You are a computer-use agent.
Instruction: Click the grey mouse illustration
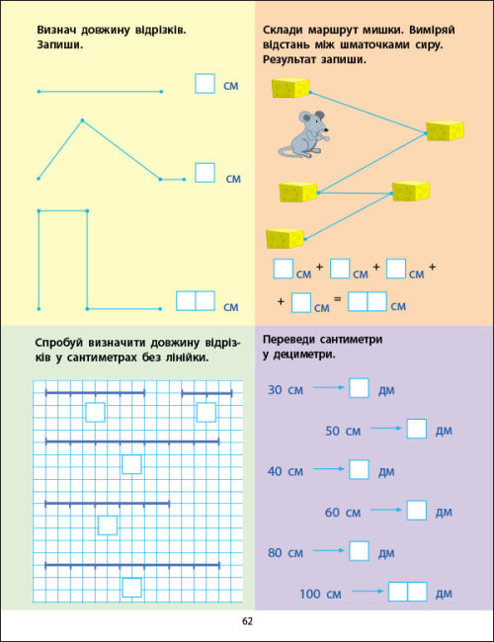point(304,134)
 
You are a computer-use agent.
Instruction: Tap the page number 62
point(247,621)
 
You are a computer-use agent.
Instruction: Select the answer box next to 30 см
point(360,388)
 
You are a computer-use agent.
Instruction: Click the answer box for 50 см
point(417,429)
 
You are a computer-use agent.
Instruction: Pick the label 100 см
point(320,594)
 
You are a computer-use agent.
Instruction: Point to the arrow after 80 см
point(329,551)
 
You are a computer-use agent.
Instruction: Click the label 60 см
point(343,513)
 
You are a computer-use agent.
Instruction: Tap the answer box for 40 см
point(360,469)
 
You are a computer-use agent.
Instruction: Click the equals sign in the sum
point(337,299)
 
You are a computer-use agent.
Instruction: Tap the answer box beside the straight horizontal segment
point(205,84)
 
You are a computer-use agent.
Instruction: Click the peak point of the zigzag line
point(82,120)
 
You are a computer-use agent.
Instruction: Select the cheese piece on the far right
point(445,130)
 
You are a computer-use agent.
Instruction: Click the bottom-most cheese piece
point(285,239)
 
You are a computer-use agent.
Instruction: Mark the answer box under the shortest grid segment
point(206,412)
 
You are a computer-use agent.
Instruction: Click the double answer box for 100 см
point(408,592)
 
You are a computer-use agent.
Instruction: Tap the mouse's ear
point(306,119)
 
